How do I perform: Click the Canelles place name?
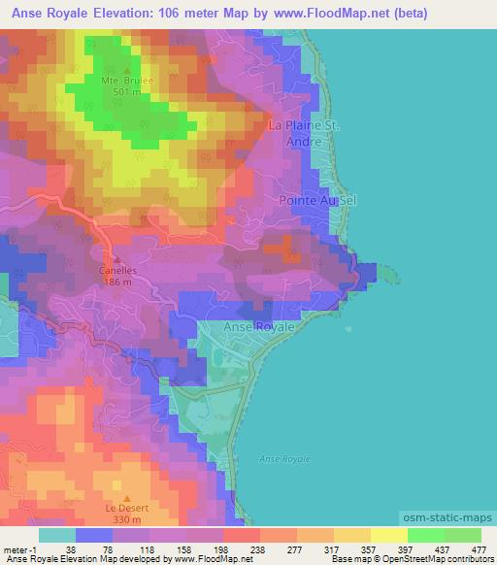tap(118, 271)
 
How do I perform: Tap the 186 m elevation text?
tap(118, 282)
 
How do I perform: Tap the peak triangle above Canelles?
tap(118, 259)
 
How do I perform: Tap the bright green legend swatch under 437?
tap(426, 535)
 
